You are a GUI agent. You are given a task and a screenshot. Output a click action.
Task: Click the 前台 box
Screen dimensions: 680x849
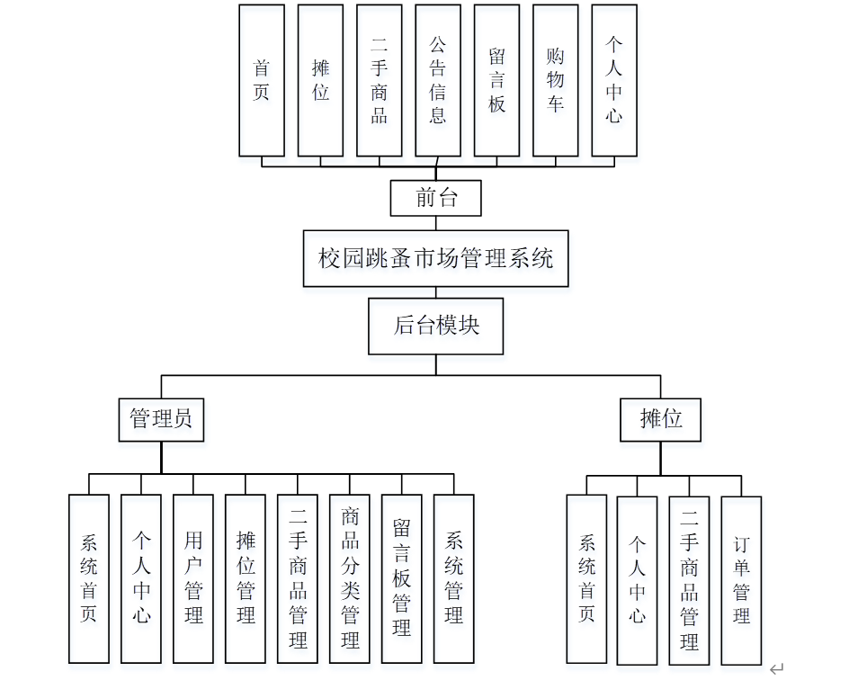[436, 198]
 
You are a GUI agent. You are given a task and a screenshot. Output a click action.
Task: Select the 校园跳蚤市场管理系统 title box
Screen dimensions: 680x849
[436, 259]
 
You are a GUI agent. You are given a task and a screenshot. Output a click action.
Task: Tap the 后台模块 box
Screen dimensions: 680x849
[436, 326]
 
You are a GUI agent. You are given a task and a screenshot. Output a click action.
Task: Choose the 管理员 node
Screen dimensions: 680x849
[161, 419]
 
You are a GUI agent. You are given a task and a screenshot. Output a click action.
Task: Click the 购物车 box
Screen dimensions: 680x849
[556, 80]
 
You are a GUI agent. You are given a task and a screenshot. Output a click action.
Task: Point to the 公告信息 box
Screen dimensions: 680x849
[438, 80]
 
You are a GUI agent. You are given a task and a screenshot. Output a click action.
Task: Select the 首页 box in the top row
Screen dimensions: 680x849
[262, 80]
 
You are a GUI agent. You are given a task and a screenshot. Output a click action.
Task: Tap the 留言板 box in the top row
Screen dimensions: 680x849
[497, 80]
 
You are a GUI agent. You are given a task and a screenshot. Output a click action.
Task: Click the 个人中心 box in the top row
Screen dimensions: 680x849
[614, 80]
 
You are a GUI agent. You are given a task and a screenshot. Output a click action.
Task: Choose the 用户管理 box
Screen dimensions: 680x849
[193, 578]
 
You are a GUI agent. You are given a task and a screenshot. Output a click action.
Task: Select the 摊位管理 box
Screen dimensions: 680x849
[246, 578]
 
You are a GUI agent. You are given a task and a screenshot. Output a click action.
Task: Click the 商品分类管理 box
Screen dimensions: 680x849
[350, 578]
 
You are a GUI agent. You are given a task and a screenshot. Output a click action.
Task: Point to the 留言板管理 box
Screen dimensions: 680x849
[402, 578]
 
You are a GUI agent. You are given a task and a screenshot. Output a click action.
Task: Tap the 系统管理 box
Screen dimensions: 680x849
[454, 578]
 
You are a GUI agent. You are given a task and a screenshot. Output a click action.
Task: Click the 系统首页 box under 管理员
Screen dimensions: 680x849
[89, 578]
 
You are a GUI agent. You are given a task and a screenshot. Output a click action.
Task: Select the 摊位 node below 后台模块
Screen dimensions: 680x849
[661, 419]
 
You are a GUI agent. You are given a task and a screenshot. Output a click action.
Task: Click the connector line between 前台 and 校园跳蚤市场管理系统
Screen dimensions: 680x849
[436, 223]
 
